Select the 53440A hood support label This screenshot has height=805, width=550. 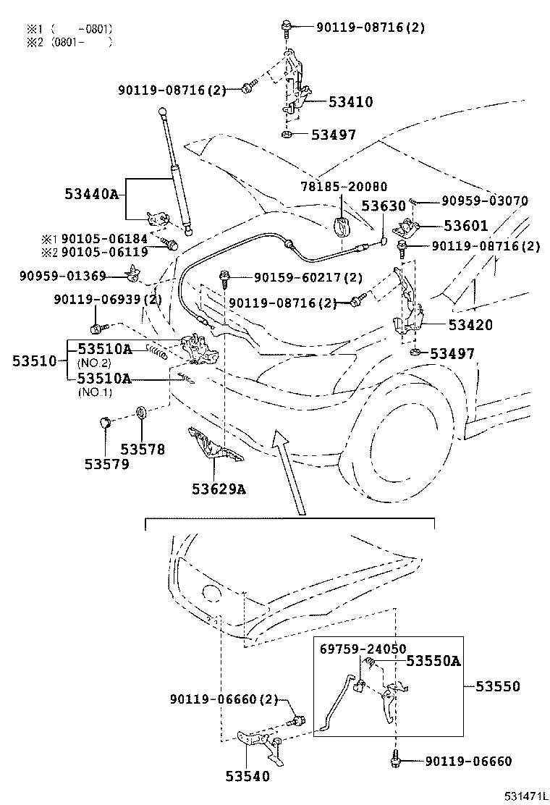[91, 193]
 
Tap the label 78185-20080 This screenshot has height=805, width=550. [344, 186]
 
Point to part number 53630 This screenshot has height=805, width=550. [384, 206]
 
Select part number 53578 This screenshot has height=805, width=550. [143, 450]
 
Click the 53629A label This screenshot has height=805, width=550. [219, 489]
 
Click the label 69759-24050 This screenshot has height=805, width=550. [363, 649]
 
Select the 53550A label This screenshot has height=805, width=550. [433, 660]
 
